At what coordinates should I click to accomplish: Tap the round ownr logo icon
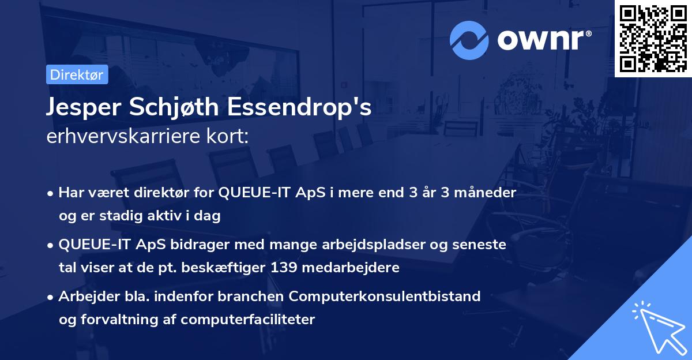469,39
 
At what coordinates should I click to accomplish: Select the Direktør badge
77,74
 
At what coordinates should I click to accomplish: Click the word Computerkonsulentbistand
385,297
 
